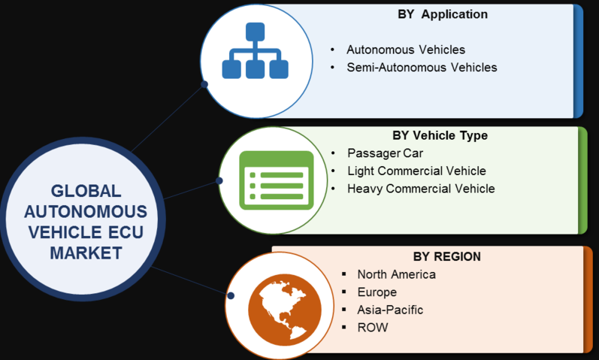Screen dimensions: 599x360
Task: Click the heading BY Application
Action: pos(443,14)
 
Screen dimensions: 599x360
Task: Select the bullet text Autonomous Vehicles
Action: pos(406,50)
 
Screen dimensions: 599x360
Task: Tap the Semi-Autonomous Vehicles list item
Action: pos(422,67)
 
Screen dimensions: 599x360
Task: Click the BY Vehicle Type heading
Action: pos(440,135)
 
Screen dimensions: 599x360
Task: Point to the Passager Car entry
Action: pos(385,153)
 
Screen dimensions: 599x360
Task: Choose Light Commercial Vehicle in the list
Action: pos(416,171)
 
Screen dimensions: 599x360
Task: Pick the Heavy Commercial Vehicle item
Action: pos(421,189)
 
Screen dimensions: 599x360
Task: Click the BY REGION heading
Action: pos(447,256)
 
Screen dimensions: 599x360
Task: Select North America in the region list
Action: pos(397,274)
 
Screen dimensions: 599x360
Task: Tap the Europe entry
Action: pos(377,292)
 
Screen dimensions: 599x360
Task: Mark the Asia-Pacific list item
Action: pos(390,310)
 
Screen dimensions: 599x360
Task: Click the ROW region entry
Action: pos(373,328)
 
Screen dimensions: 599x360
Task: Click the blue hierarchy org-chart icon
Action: pos(256,50)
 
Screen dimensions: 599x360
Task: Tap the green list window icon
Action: pos(276,180)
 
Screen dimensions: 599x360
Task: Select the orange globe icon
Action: pos(285,310)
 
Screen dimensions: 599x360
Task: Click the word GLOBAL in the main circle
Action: pos(86,191)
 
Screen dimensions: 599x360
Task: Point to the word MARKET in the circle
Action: pos(86,253)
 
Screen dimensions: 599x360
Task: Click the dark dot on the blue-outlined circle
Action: pos(204,84)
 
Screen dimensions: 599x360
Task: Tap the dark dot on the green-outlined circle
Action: pos(219,180)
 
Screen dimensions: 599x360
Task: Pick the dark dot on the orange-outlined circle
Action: pos(230,295)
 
